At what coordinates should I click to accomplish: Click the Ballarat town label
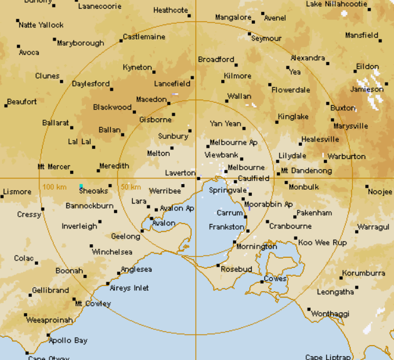(55, 123)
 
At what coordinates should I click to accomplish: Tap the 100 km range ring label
(54, 187)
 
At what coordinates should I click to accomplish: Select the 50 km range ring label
(130, 187)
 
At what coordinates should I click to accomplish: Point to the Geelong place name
(125, 237)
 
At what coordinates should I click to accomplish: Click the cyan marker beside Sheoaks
(81, 186)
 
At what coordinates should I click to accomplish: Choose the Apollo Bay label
(68, 341)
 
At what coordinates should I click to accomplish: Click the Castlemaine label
(144, 37)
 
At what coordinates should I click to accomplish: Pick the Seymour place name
(266, 38)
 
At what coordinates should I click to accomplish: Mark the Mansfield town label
(361, 35)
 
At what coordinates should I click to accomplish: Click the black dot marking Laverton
(199, 178)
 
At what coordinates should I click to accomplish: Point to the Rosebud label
(237, 269)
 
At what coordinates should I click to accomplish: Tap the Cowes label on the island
(275, 279)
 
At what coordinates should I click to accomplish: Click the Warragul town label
(373, 227)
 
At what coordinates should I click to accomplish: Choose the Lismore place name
(17, 192)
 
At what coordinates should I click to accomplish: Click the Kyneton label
(137, 67)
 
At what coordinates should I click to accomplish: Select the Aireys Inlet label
(129, 288)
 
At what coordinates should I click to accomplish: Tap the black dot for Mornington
(234, 242)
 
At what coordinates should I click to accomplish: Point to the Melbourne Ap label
(233, 143)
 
